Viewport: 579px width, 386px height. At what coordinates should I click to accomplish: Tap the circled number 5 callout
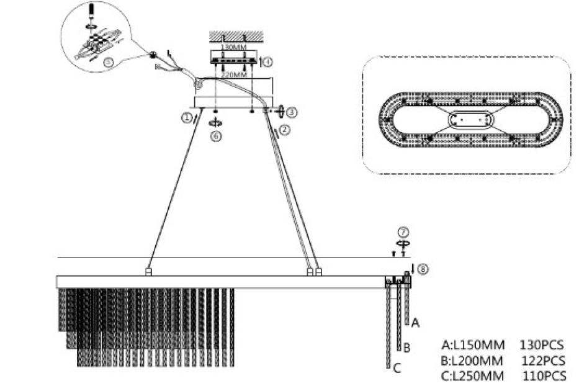(109, 61)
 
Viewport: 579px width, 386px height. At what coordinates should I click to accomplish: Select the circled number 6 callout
(215, 137)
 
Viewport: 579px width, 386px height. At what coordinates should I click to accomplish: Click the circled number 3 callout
(292, 112)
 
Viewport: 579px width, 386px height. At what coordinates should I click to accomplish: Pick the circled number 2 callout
(285, 130)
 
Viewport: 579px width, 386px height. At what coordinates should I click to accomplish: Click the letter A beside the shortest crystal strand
(416, 323)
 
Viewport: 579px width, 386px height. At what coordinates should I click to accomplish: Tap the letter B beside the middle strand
(406, 346)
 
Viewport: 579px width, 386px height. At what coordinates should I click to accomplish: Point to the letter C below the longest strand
(397, 369)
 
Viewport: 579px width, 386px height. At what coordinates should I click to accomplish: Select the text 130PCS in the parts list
(544, 344)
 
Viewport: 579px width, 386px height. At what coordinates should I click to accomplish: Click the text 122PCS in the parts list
(544, 360)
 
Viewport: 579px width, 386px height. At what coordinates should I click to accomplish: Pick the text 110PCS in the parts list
(544, 375)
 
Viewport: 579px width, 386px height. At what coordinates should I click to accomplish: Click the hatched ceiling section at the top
(235, 37)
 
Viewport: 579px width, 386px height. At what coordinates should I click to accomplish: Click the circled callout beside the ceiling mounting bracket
(267, 61)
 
